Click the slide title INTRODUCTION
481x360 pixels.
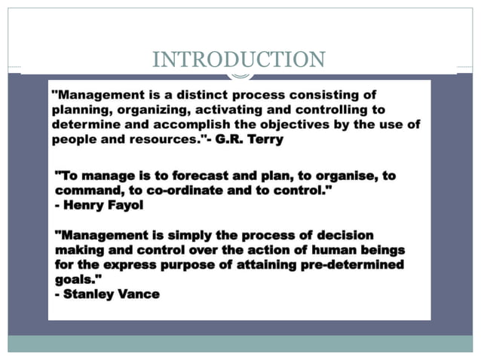pos(239,59)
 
